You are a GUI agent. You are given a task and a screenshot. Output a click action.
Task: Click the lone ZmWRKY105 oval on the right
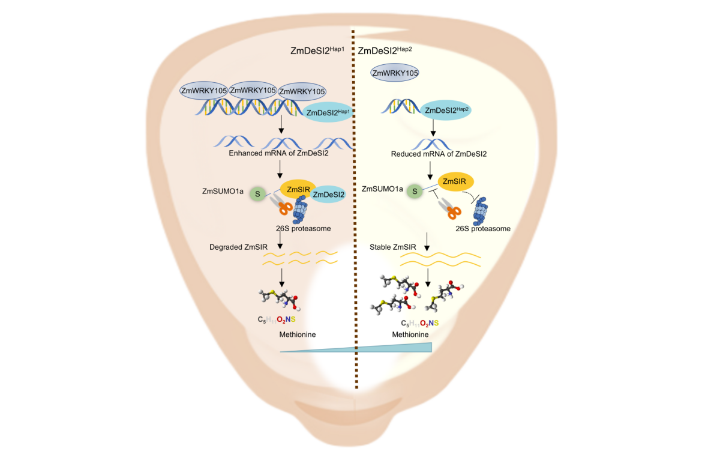[x=394, y=73]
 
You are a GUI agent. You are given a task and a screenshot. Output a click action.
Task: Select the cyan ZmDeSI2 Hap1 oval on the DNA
[x=328, y=112]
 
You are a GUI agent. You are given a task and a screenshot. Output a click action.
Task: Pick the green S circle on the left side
[x=258, y=193]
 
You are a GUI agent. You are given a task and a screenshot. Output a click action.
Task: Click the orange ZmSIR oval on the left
[x=298, y=190]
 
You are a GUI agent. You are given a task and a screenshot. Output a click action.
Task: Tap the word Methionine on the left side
[x=298, y=334]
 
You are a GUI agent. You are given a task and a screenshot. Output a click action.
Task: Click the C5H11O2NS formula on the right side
[x=419, y=323]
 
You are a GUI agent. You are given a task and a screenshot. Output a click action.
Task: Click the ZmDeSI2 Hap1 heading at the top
[x=317, y=52]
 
